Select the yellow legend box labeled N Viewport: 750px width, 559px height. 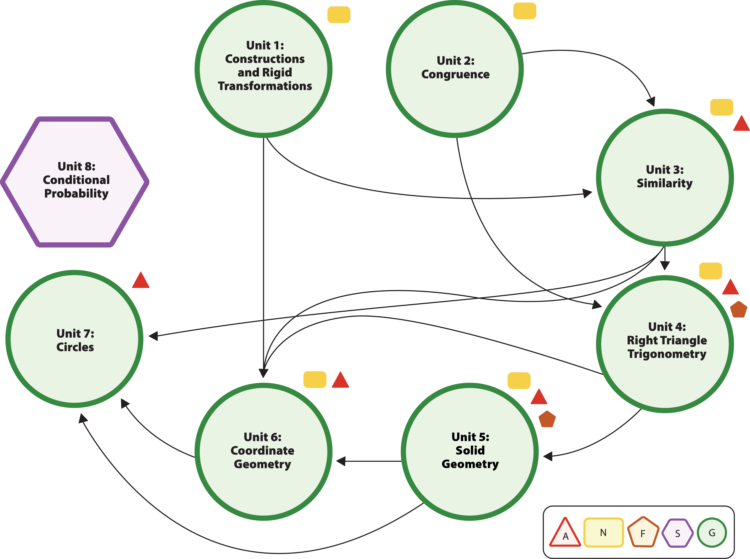coord(603,533)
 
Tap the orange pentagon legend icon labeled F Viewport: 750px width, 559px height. coord(643,533)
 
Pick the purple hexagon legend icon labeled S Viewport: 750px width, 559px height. coord(677,533)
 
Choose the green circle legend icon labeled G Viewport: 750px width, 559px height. coord(712,533)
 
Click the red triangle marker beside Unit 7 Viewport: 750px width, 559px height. coord(141,281)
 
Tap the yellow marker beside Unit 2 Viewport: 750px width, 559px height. coord(525,11)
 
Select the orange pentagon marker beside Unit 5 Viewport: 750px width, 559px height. coord(547,420)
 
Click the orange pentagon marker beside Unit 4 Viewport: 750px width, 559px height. coord(739,310)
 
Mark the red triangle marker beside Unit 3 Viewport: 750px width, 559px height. coord(742,124)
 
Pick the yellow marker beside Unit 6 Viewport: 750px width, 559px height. coord(315,380)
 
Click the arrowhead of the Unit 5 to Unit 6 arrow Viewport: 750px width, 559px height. coord(341,461)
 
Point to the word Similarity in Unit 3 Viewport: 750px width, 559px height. coord(664,183)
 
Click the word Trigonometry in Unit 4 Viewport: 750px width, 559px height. coord(667,354)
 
